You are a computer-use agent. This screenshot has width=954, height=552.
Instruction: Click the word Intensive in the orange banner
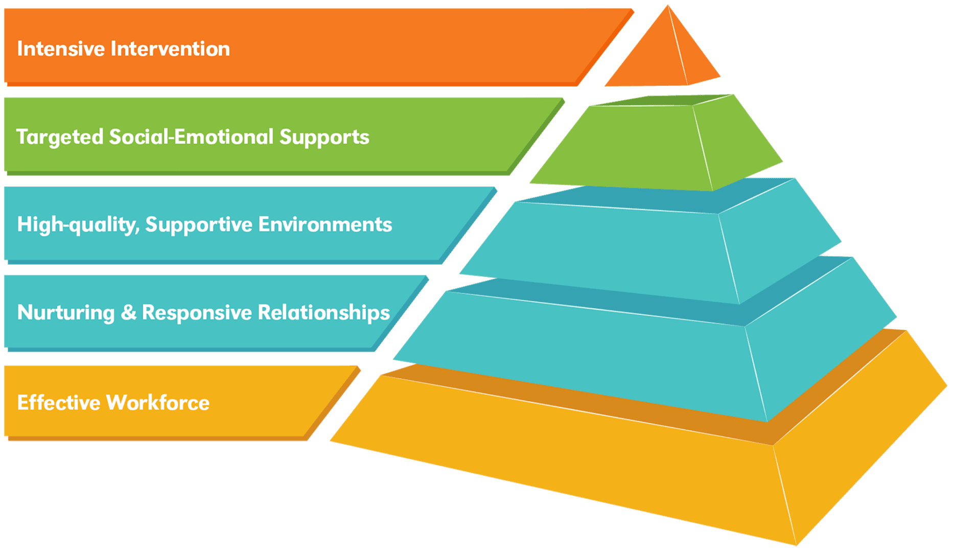tap(61, 49)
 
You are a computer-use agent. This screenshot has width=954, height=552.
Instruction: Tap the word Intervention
tap(170, 49)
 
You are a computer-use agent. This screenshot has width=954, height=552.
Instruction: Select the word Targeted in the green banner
tap(60, 137)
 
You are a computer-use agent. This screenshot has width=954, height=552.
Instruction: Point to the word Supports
tap(324, 137)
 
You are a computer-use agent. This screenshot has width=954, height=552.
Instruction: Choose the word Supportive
tap(199, 225)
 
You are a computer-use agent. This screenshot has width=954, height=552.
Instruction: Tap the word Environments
tap(325, 224)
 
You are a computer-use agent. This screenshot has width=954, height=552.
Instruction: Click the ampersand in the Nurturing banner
tap(128, 313)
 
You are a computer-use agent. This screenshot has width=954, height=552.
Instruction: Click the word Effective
tap(58, 403)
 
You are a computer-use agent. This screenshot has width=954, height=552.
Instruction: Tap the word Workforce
tap(158, 403)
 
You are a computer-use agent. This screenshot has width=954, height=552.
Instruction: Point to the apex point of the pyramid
tap(667, 6)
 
